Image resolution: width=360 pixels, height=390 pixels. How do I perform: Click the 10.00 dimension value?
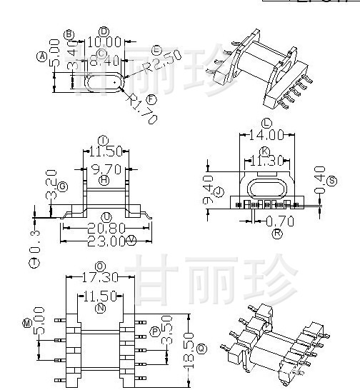point(105,42)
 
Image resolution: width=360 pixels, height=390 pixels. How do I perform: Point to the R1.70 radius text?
point(142,109)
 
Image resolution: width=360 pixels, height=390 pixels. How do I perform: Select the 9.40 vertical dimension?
point(209,190)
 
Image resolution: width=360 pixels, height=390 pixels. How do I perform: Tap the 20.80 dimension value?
point(106,228)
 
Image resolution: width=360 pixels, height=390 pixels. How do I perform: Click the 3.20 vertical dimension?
point(50,184)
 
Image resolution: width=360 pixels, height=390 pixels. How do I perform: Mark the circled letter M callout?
point(27,324)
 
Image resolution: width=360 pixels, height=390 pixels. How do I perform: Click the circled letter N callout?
point(101,308)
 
